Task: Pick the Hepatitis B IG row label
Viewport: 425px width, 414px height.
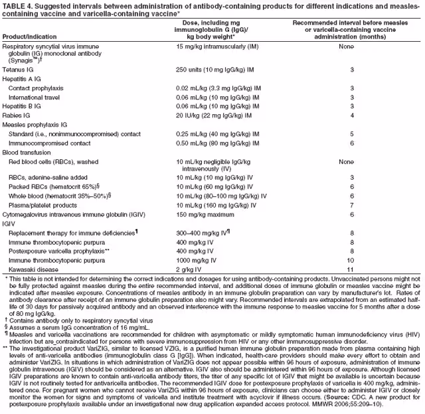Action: coord(24,105)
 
